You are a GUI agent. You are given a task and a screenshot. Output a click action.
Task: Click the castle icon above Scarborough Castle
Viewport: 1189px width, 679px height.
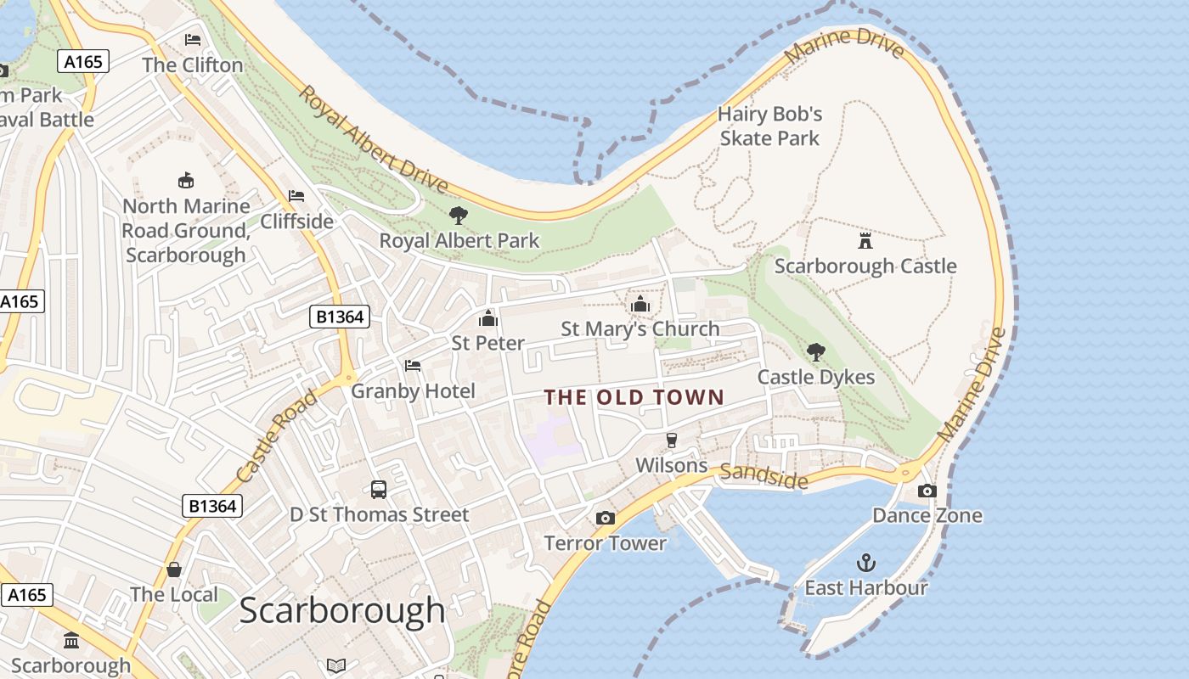coord(865,240)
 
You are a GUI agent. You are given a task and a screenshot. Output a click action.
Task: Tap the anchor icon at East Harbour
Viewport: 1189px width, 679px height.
coord(865,562)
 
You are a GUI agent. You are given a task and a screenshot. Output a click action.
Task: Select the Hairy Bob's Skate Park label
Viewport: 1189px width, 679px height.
coord(769,126)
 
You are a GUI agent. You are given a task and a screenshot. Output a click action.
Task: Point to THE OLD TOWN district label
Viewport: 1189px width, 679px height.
coord(634,397)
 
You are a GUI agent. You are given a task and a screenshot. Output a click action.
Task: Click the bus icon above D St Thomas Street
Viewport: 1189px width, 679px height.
coord(379,490)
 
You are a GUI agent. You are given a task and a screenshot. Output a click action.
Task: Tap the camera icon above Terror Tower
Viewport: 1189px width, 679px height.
coord(605,518)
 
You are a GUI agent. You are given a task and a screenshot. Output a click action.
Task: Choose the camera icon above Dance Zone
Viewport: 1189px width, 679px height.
coord(927,491)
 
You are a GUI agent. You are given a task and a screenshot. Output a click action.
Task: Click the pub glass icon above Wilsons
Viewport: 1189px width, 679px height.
coord(671,440)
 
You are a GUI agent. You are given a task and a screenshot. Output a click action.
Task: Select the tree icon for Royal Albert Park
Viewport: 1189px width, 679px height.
coord(459,216)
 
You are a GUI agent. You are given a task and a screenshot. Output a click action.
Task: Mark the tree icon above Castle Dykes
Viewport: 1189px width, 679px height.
coord(815,351)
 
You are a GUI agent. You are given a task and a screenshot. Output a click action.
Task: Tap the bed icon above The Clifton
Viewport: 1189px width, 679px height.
coord(193,39)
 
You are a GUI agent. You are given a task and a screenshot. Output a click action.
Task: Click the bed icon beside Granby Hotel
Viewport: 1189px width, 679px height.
coord(413,366)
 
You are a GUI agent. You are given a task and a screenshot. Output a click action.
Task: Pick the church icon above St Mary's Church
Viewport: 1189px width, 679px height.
coord(640,304)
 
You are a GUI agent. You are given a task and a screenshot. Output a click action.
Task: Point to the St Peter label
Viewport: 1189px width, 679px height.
coord(487,343)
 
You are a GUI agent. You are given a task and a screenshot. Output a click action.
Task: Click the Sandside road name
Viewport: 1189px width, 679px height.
coord(764,477)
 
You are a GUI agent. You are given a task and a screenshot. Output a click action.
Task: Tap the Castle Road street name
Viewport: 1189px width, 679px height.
coord(276,434)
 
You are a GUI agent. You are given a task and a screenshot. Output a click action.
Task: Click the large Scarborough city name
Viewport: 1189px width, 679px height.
coord(341,610)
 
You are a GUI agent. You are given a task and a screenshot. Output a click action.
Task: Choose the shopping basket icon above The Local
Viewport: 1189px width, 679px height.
coord(174,570)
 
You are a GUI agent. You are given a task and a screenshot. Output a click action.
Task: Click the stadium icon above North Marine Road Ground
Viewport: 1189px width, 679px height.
coord(186,180)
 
